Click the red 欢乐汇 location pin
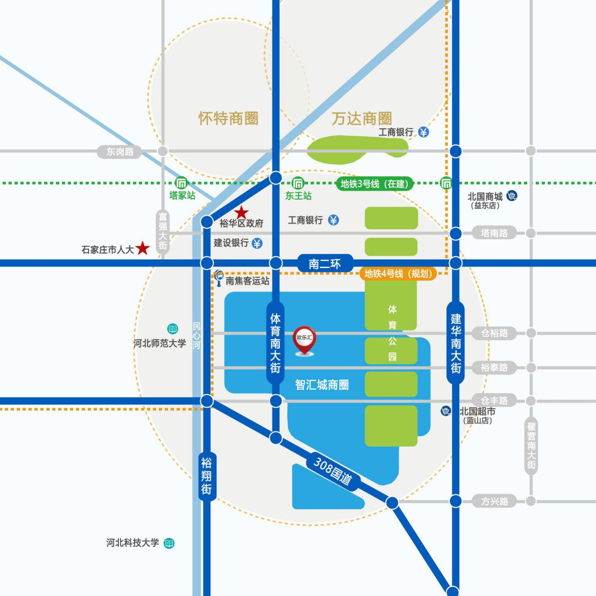(304, 339)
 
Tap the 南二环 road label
(325, 264)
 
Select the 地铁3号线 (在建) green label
(374, 184)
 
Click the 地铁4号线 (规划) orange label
(398, 274)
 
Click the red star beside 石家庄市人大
(143, 248)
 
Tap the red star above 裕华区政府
(241, 213)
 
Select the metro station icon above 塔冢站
(181, 184)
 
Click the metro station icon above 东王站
(298, 184)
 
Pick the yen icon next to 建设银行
(257, 243)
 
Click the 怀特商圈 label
(228, 119)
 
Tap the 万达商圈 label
(362, 119)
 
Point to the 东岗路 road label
(120, 152)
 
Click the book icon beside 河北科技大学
(169, 543)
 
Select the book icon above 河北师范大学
(173, 329)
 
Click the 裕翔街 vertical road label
(206, 476)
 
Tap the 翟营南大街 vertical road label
(531, 446)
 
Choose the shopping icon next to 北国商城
(512, 196)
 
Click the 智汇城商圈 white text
(322, 385)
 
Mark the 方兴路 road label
(495, 501)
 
